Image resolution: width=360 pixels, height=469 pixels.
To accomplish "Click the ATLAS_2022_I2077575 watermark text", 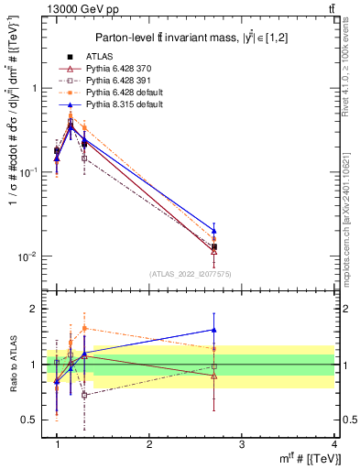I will (190, 273).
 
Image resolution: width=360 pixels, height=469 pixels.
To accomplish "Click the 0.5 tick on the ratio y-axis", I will (31, 420).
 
